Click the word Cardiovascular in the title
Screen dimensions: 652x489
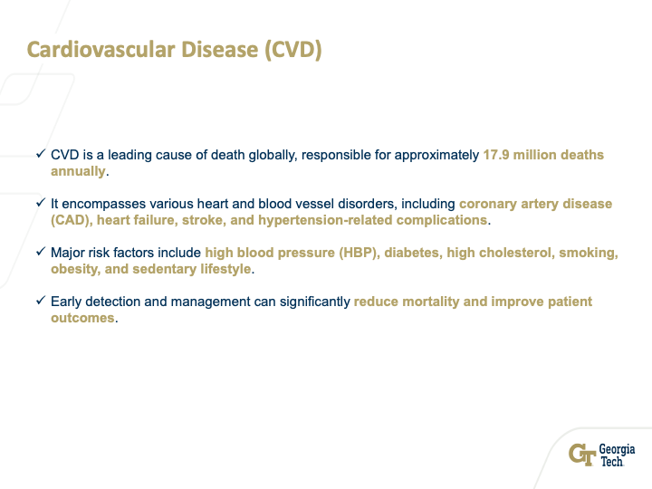click(x=101, y=50)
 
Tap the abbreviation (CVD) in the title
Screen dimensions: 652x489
click(x=293, y=50)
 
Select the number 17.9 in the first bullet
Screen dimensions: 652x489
click(x=496, y=155)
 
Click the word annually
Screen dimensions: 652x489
click(x=78, y=171)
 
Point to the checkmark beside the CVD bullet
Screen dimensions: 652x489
click(x=41, y=154)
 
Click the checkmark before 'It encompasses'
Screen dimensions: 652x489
click(x=41, y=203)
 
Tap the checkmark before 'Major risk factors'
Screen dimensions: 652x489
click(x=41, y=252)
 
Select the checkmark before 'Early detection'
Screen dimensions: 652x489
click(x=41, y=301)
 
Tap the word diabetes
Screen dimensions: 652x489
click(x=413, y=253)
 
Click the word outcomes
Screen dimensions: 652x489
click(x=82, y=318)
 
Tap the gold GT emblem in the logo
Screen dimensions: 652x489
click(x=582, y=455)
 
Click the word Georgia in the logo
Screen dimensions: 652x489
click(x=617, y=449)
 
